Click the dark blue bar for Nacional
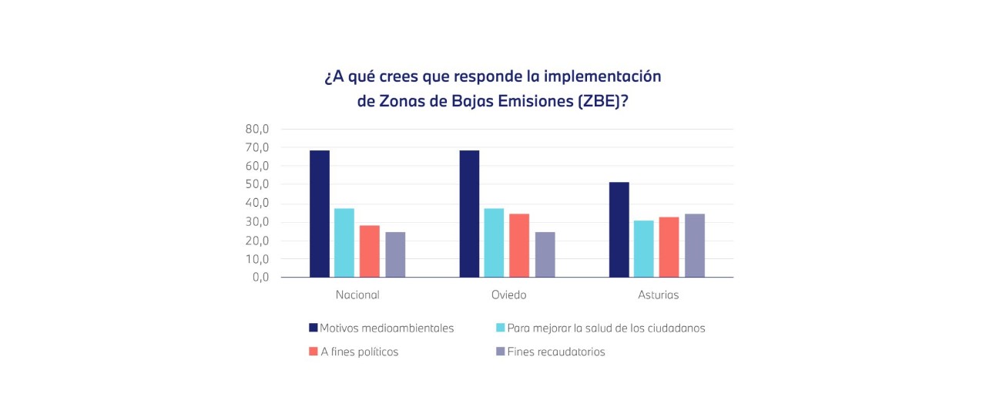pos(320,214)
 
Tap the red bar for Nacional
pos(370,251)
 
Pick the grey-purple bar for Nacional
pos(395,254)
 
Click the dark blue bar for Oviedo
pos(469,214)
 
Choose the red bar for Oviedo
pos(519,245)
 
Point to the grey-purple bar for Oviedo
pos(545,254)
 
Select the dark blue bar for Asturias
pos(619,230)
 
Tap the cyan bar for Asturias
pos(644,249)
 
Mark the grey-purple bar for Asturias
pos(695,245)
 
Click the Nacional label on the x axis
pos(357,295)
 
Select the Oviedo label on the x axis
pos(509,295)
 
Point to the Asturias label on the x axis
pos(659,295)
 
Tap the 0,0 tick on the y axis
pos(260,278)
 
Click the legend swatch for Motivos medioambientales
pos(314,328)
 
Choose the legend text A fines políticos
pos(359,352)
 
